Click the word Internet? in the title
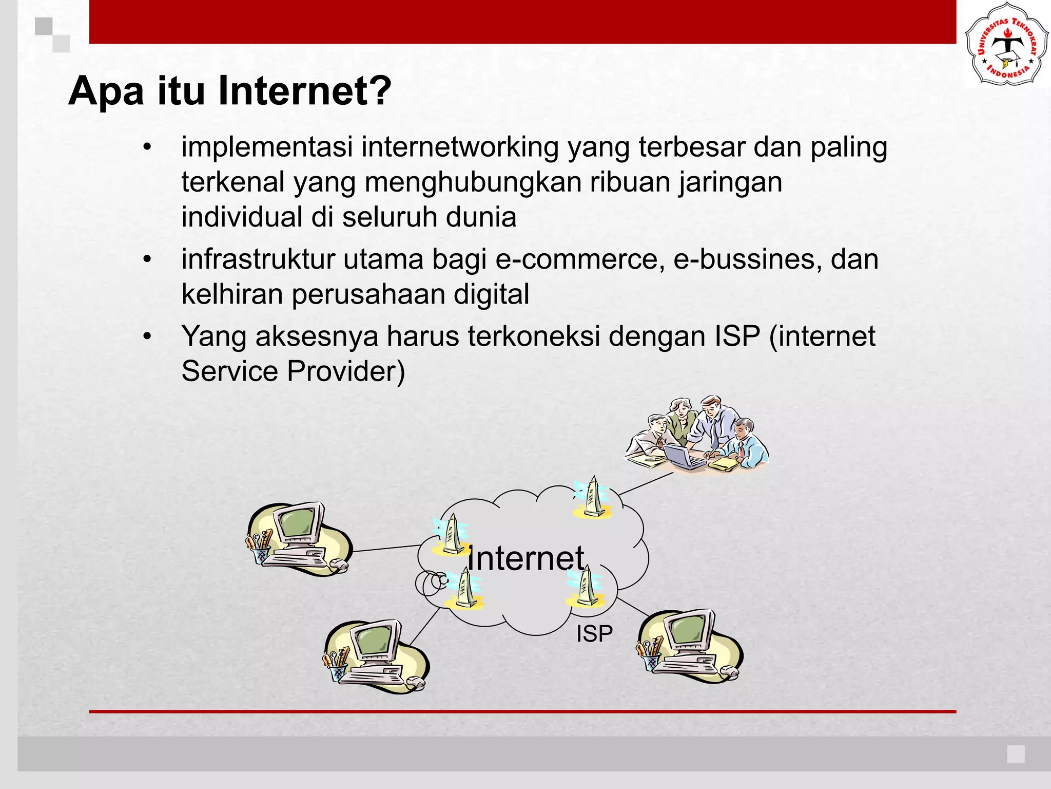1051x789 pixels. click(x=304, y=91)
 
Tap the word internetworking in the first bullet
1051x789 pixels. click(x=460, y=147)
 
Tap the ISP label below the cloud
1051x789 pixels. click(x=594, y=634)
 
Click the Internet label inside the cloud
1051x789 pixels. click(x=525, y=558)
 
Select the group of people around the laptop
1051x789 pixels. click(x=697, y=435)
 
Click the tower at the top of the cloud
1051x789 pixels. click(x=593, y=497)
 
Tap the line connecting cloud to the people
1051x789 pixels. click(x=646, y=483)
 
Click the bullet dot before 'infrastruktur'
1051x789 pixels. click(x=148, y=259)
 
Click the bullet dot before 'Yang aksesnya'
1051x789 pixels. click(x=148, y=336)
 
